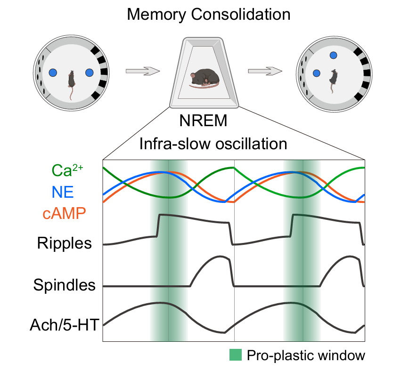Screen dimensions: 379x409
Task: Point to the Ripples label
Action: [64, 243]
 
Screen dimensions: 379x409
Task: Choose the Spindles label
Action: [65, 285]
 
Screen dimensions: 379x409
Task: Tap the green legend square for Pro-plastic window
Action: [236, 355]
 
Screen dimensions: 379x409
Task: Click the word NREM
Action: [204, 121]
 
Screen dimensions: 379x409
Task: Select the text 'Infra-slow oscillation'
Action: [213, 143]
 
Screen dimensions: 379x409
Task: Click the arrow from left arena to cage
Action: [143, 72]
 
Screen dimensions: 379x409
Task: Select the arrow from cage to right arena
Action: [265, 72]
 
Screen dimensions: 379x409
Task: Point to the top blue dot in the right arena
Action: [334, 55]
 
